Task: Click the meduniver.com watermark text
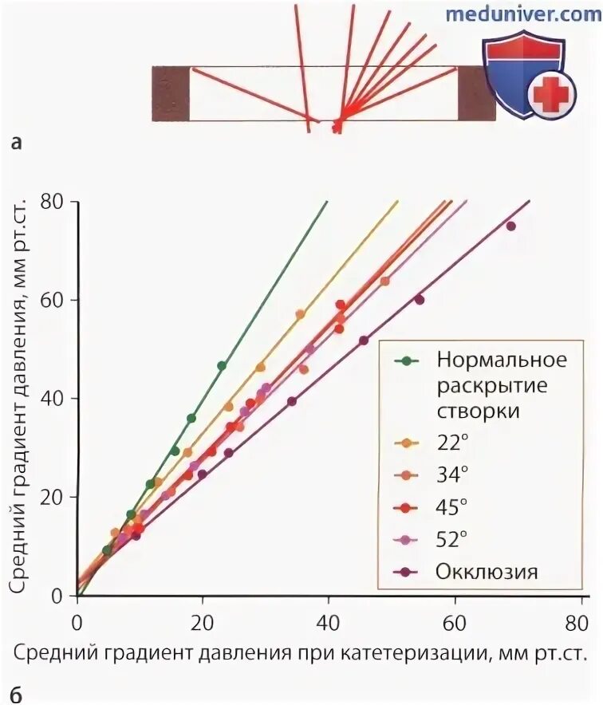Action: tap(522, 14)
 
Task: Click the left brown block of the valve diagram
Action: tap(170, 93)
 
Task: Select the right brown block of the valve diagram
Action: tap(476, 93)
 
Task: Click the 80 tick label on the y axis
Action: tap(51, 202)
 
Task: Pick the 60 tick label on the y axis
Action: tap(51, 300)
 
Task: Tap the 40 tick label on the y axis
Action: tap(51, 399)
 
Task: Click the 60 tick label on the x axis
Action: tap(455, 622)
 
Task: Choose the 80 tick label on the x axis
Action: tap(581, 622)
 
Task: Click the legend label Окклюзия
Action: tap(487, 571)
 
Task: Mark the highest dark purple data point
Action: tap(510, 226)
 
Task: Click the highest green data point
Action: tap(222, 365)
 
